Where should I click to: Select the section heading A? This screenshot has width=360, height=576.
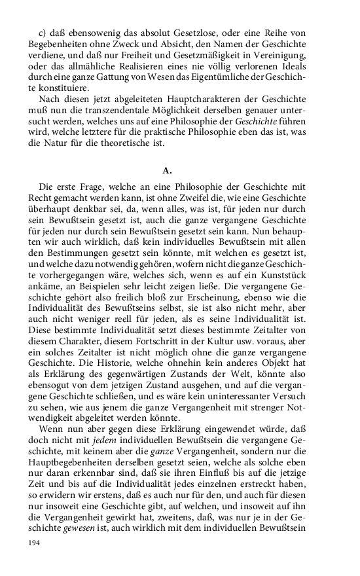click(167, 170)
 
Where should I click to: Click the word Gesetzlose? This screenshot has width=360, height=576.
click(174, 33)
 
